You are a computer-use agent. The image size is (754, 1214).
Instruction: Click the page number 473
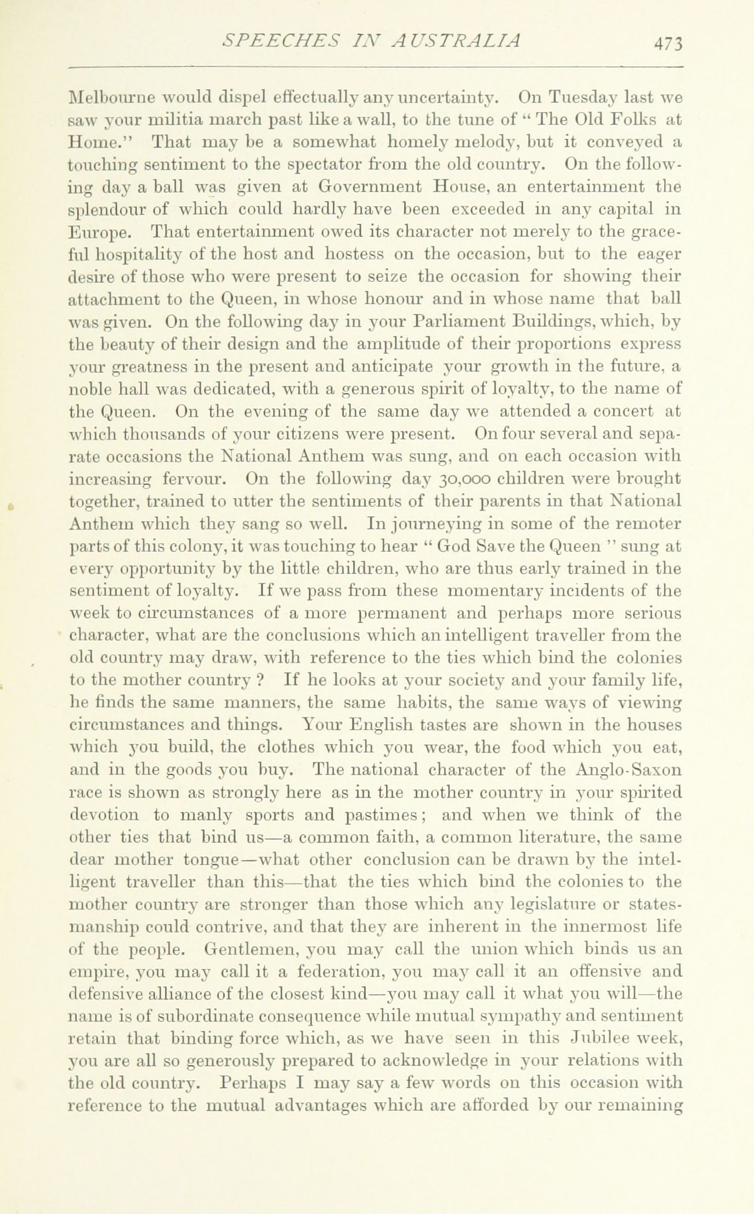666,43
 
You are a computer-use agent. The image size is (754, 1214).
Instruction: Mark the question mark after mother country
262,680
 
